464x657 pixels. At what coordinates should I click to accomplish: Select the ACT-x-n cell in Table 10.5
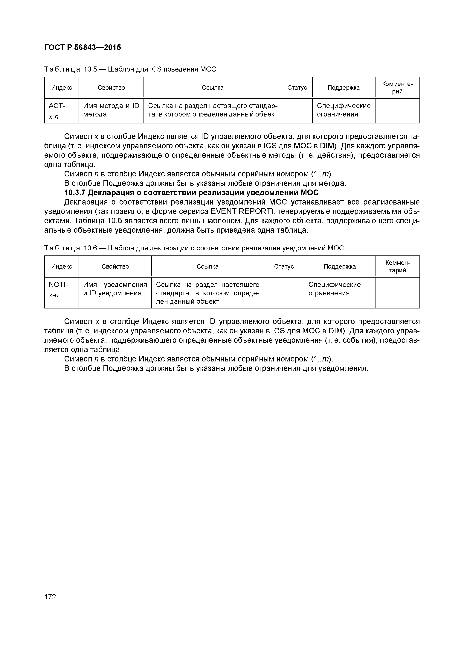pos(57,111)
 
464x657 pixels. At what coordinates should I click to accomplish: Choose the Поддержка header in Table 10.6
pos(340,266)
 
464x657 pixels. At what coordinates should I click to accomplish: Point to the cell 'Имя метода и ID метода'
pos(111,110)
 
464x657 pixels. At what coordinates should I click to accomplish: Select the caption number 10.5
pos(90,69)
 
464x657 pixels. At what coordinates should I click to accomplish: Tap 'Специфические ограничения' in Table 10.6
pos(335,289)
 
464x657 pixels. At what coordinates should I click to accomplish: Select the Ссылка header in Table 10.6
pos(207,266)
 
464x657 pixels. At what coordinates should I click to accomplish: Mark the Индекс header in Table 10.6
pos(62,266)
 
